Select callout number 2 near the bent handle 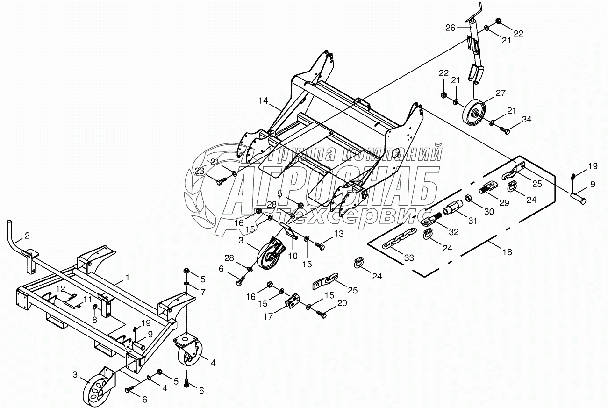click(27, 236)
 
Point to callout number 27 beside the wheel click(501, 93)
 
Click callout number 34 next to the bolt click(527, 120)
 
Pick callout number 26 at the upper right click(450, 28)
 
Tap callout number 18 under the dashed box click(507, 252)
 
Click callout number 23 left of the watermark click(200, 172)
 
